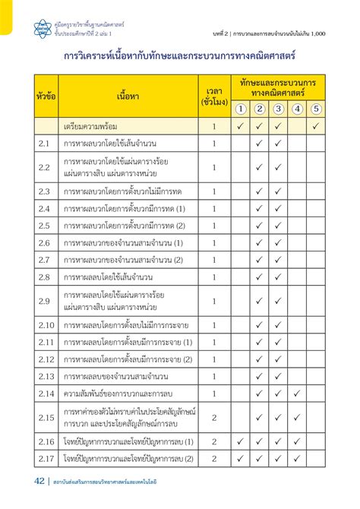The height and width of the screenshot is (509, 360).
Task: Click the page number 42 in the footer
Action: [x=39, y=480]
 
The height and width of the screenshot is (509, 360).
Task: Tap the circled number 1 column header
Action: [x=239, y=109]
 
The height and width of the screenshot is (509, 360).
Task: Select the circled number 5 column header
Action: [x=317, y=109]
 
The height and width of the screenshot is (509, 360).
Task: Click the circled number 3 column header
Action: [x=278, y=109]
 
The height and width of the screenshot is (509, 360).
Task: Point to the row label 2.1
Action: [x=44, y=143]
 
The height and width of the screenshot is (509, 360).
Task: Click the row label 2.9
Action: [x=44, y=301]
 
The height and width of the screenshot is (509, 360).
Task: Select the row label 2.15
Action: [x=46, y=417]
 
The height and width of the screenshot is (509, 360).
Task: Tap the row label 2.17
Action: [x=46, y=458]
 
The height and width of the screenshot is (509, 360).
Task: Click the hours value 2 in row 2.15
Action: [x=214, y=417]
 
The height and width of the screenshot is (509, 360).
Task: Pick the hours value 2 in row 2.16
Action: [x=214, y=441]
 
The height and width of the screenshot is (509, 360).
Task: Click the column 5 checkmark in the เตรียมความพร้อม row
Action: [x=317, y=125]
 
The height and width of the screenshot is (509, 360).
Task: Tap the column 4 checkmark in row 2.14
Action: [x=297, y=394]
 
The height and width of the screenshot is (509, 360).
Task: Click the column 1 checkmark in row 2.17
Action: [x=239, y=458]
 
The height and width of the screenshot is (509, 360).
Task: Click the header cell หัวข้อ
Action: [x=46, y=96]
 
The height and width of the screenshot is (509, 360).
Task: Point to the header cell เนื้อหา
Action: [x=128, y=96]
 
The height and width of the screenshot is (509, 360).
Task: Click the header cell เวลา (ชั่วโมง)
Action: [x=214, y=96]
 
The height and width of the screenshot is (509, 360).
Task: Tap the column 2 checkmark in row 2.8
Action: [x=259, y=277]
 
